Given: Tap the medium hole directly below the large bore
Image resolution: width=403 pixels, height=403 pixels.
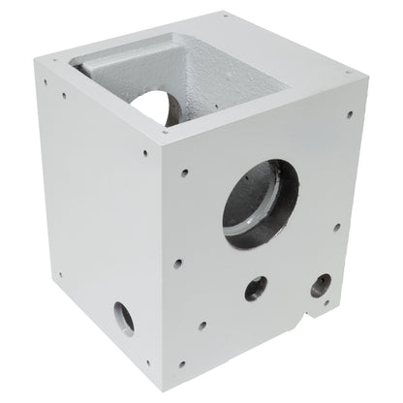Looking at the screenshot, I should click(x=256, y=287).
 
